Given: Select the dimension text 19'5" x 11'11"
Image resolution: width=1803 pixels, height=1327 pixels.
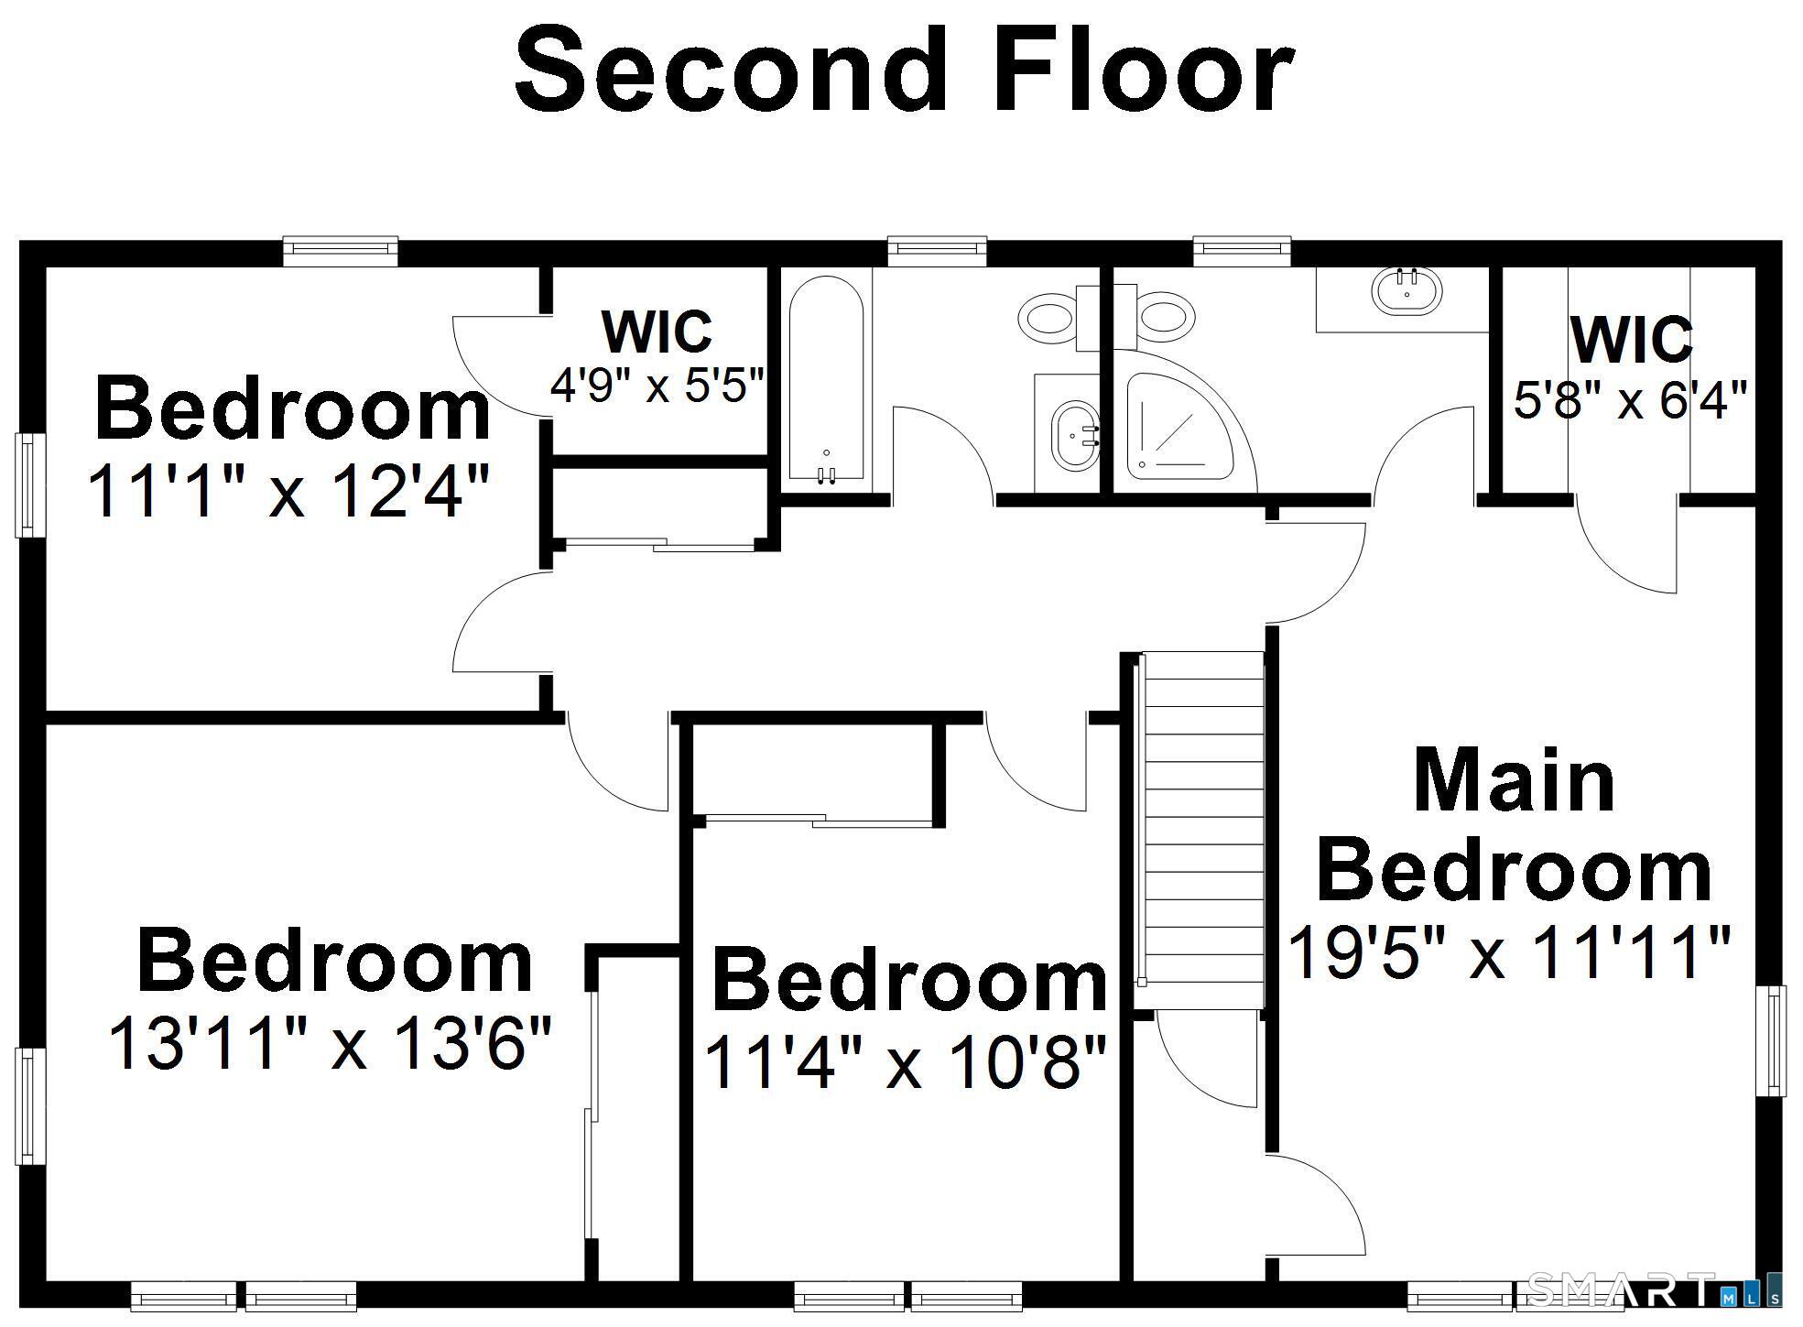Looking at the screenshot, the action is point(1509,952).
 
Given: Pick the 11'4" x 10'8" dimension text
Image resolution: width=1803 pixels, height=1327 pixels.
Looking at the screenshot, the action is point(906,1061).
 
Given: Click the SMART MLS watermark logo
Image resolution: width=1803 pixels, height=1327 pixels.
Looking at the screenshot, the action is point(1654,1289).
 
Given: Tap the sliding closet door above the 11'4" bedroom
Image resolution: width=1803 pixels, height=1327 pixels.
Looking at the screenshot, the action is point(814,820).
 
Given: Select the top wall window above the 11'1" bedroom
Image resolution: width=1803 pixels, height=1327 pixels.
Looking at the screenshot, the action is point(340,251).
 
